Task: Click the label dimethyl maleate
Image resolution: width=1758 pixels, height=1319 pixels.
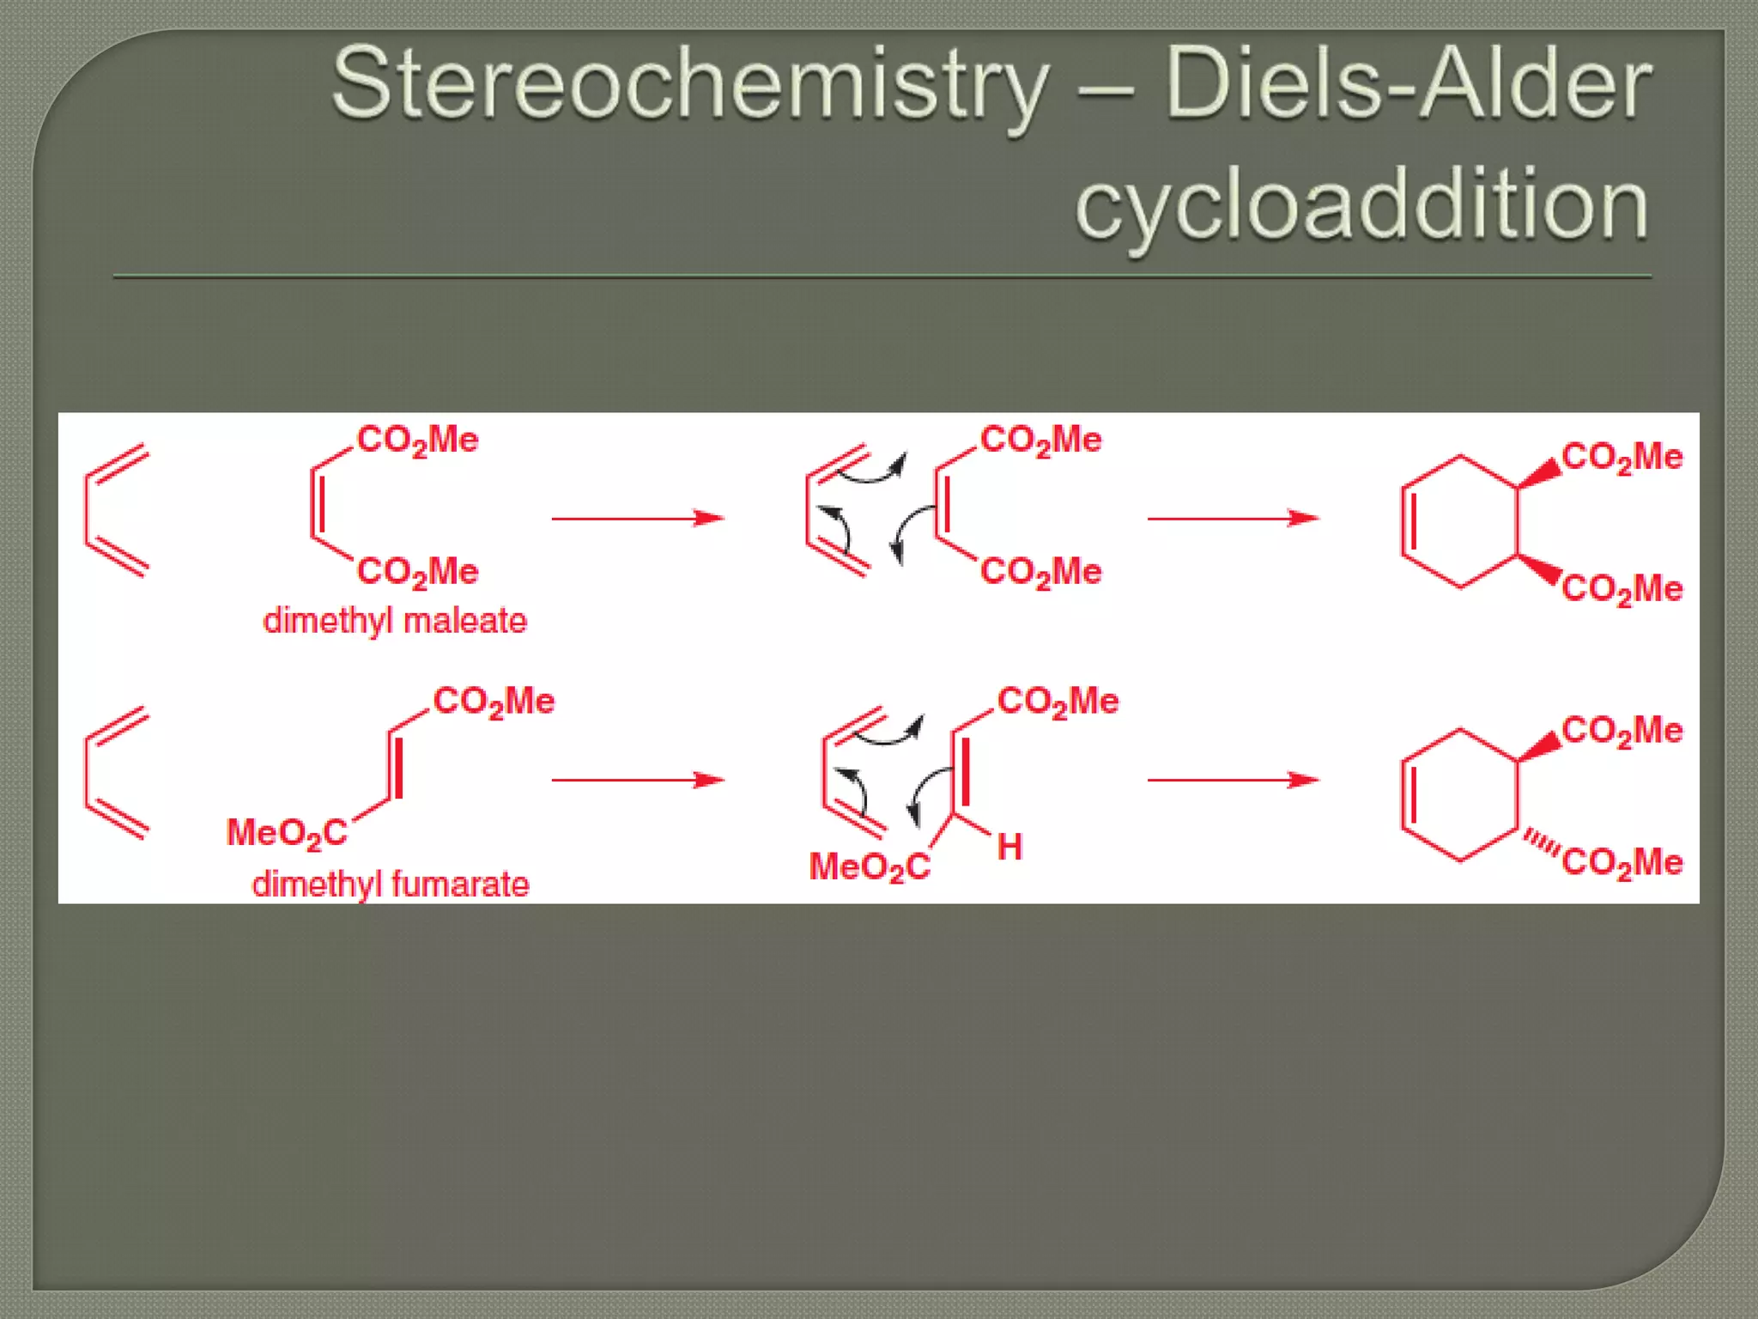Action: (395, 620)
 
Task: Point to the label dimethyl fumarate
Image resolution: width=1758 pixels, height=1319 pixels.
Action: (391, 884)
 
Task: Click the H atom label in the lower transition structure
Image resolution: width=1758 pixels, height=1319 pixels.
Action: (1009, 848)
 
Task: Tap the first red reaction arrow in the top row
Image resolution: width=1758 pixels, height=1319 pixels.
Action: (637, 519)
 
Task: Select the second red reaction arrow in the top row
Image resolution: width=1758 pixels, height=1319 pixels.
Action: (1233, 519)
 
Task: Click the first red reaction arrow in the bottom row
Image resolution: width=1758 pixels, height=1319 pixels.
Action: (637, 780)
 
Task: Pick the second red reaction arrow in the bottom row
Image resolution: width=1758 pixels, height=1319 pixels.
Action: (1233, 780)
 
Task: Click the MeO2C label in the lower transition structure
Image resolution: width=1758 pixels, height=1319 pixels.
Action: (869, 866)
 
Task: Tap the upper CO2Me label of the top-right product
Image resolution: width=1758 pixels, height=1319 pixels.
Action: (1622, 457)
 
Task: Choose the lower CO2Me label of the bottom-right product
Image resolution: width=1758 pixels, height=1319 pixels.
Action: (1622, 862)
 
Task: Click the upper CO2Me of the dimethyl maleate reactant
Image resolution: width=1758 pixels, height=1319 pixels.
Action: (417, 440)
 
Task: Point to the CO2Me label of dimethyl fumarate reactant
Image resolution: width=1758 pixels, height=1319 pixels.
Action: (494, 702)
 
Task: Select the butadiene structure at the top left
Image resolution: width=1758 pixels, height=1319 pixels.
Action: (116, 511)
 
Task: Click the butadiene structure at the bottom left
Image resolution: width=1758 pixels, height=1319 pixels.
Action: (116, 773)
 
